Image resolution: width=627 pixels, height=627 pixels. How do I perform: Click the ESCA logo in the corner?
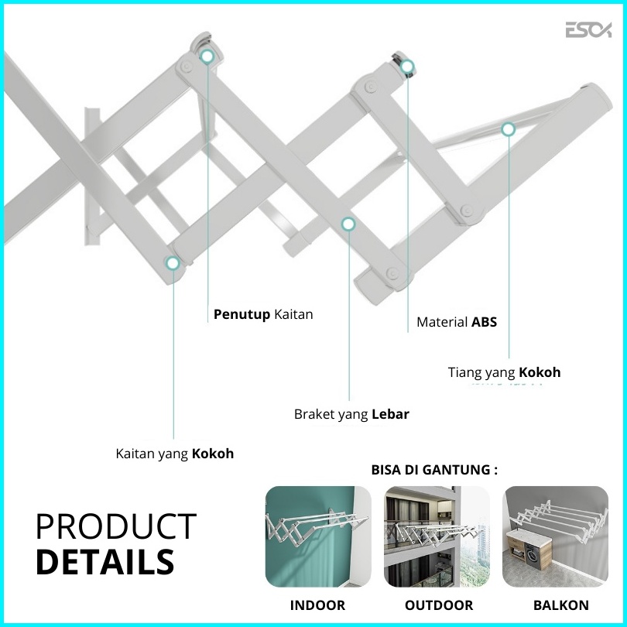click(x=588, y=30)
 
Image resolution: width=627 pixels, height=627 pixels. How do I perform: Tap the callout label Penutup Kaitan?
click(x=263, y=314)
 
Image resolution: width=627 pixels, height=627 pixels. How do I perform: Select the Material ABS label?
click(x=457, y=322)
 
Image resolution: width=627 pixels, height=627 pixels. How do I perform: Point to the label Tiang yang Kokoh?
click(x=504, y=372)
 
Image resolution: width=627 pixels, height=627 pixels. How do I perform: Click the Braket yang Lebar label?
click(x=351, y=414)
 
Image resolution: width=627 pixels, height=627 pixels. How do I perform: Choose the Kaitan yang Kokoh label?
click(x=175, y=454)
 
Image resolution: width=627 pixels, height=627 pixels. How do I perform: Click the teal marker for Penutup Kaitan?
click(x=207, y=57)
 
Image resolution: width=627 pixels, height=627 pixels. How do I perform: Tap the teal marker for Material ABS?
click(x=407, y=67)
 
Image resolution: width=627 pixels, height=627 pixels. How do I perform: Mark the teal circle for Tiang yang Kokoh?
click(x=509, y=129)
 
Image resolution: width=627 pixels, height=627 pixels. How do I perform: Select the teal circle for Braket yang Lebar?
click(x=348, y=224)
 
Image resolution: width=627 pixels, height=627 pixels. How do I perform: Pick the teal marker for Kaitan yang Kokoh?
click(x=173, y=262)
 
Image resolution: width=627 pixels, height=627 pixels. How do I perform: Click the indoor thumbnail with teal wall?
click(x=318, y=536)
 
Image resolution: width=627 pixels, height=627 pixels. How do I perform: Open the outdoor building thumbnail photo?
click(x=437, y=536)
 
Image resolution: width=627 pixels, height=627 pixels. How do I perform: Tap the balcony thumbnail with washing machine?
click(x=556, y=536)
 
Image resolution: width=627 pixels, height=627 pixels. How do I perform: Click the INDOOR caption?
click(x=317, y=605)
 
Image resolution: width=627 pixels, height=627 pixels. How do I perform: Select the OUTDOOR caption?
click(x=439, y=605)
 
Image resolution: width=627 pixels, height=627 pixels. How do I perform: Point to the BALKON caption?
click(x=561, y=605)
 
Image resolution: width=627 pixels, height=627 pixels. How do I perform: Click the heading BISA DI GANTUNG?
click(x=434, y=469)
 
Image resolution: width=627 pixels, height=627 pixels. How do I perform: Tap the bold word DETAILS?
click(x=105, y=562)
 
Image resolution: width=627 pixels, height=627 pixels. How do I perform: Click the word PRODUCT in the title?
click(x=116, y=526)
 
